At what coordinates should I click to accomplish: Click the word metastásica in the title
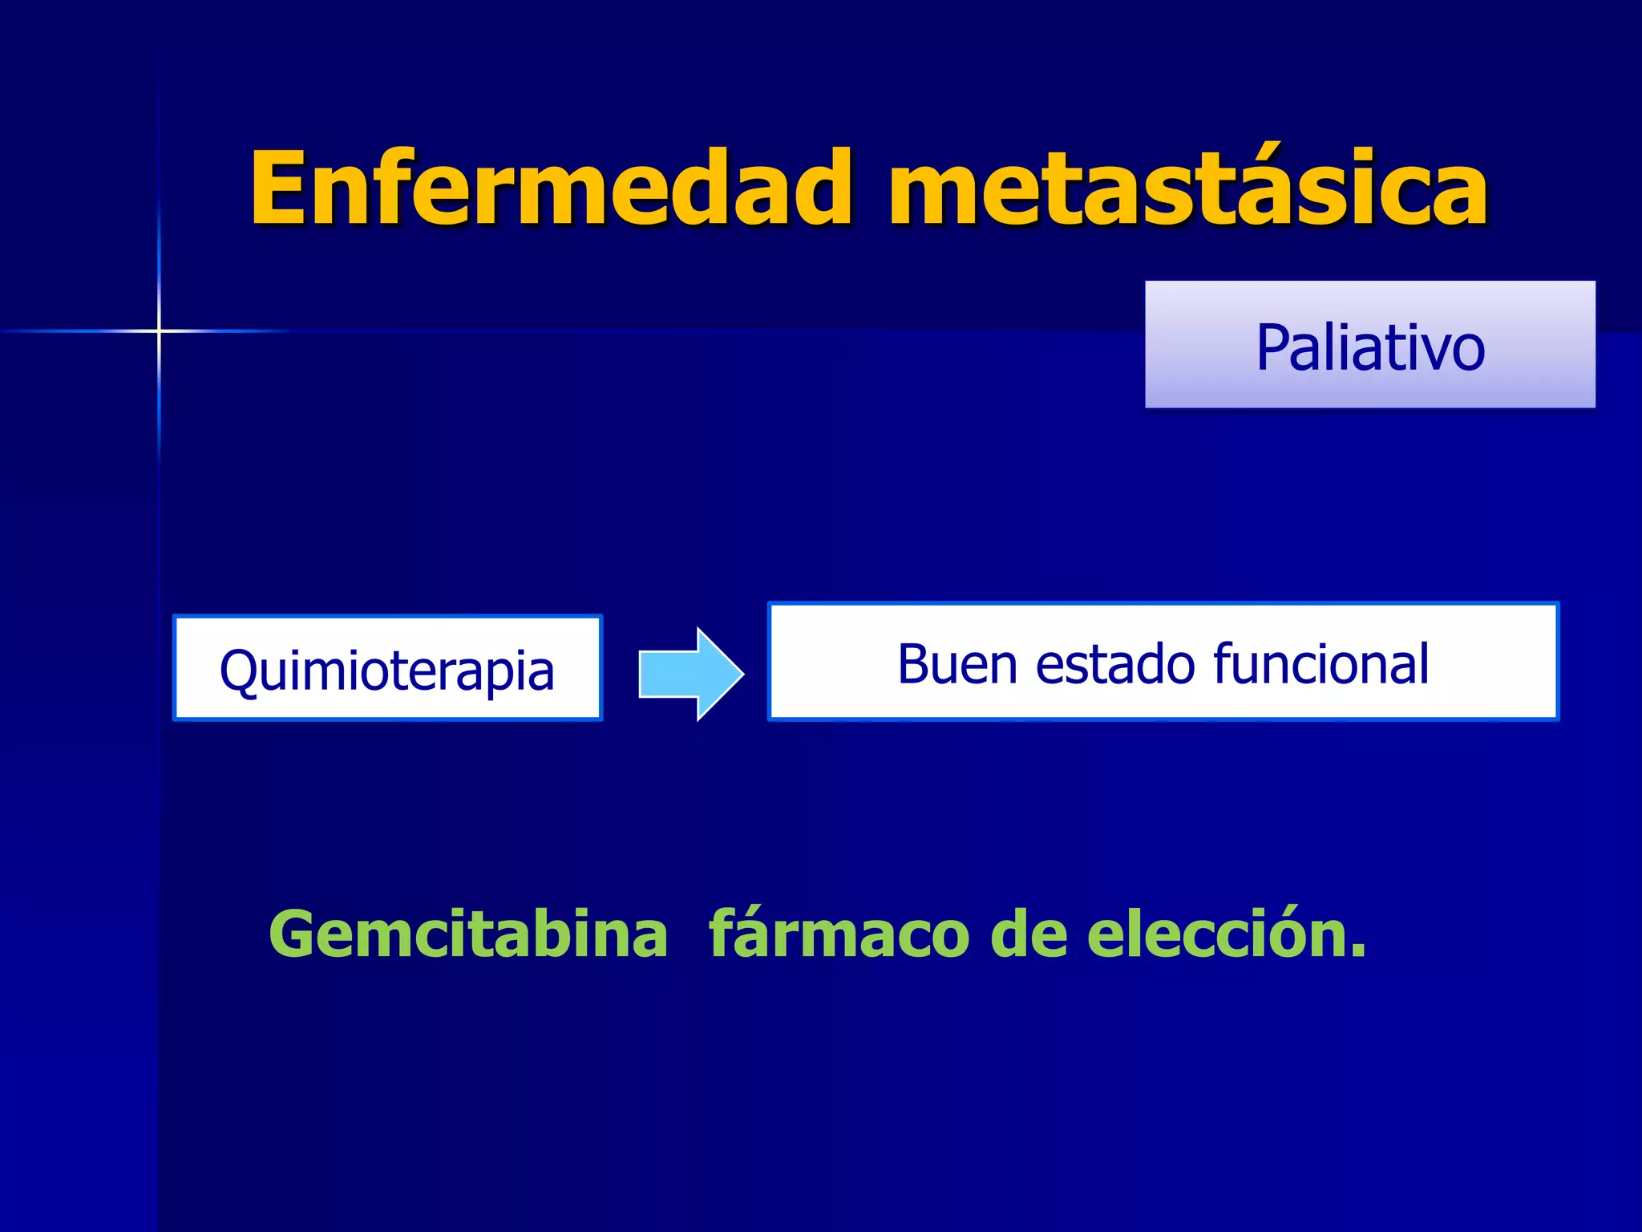1187,189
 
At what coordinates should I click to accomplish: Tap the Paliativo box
1369,345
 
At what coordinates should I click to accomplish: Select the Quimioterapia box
387,669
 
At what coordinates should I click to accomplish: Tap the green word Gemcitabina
468,934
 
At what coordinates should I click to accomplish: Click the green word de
1029,934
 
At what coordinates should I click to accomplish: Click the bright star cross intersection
159,330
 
